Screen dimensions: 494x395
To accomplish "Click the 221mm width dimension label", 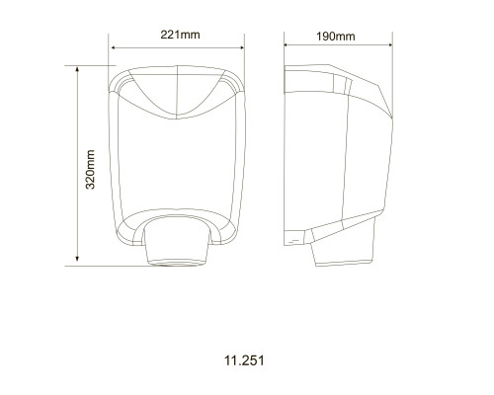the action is [x=180, y=35].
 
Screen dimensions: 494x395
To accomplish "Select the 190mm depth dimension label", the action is [x=336, y=37].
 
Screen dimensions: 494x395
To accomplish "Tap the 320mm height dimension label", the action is [x=90, y=170].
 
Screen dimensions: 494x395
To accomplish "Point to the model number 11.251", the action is [x=244, y=360].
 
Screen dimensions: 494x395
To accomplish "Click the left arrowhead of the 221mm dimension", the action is [x=114, y=47].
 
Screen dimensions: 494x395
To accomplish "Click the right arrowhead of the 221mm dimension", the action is [x=241, y=47].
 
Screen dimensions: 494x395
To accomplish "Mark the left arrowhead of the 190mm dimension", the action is [x=287, y=44].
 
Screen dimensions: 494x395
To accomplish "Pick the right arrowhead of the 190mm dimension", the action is [x=390, y=44].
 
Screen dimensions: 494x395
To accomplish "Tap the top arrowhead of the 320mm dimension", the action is [x=77, y=69].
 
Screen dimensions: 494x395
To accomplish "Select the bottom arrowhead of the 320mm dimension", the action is [x=77, y=259].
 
